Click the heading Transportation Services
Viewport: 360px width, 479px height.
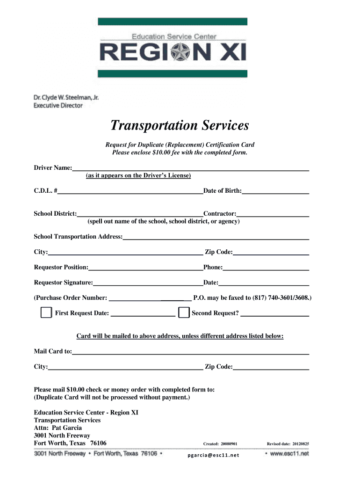(x=180, y=125)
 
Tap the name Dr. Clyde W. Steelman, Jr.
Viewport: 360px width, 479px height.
(x=66, y=98)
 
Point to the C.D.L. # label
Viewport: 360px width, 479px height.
(x=45, y=191)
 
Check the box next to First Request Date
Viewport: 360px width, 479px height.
(x=46, y=313)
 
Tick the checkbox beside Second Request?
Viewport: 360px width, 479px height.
(x=184, y=313)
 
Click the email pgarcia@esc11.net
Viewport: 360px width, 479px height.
(x=213, y=455)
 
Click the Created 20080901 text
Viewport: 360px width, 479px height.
(x=220, y=444)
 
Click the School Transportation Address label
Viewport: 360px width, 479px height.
(x=78, y=237)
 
